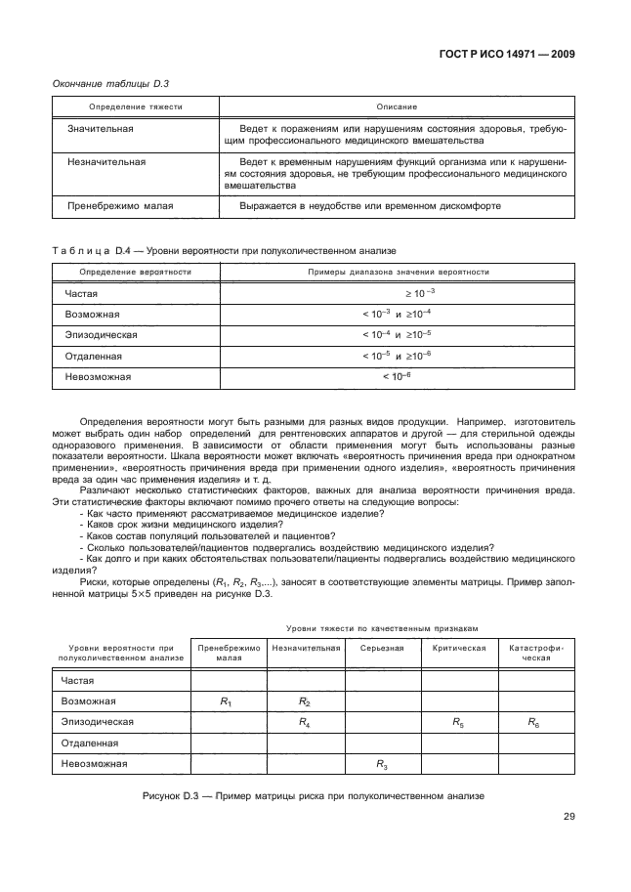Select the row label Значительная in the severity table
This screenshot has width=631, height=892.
(x=100, y=129)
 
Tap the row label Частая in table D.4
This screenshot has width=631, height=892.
(x=81, y=293)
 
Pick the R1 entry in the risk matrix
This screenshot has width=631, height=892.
(x=227, y=701)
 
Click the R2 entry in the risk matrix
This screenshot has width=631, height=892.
(x=305, y=701)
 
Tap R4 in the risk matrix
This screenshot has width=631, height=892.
(x=305, y=722)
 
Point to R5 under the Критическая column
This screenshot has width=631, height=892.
(x=459, y=722)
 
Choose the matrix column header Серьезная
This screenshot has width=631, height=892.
(x=382, y=648)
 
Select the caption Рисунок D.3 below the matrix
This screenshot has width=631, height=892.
(x=315, y=796)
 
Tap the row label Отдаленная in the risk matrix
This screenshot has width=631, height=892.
(x=91, y=743)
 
